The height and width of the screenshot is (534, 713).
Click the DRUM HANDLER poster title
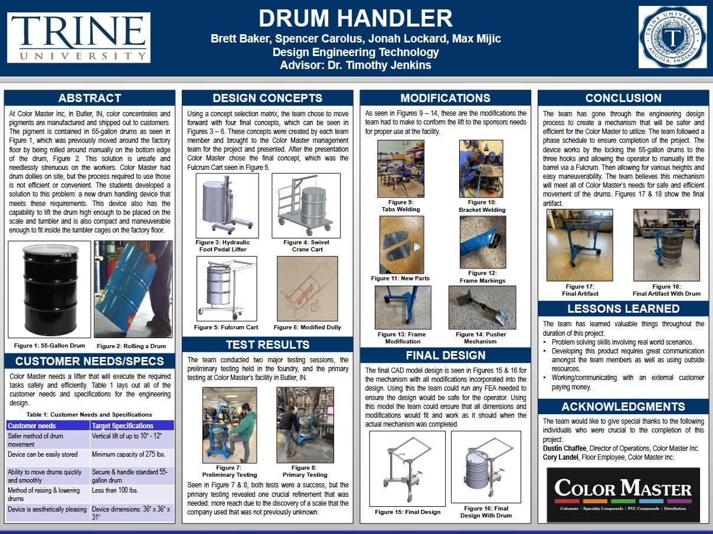(355, 19)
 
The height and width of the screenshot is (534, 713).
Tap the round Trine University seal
(672, 37)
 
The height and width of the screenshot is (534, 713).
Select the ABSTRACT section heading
(90, 99)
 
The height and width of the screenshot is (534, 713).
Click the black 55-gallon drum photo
(50, 289)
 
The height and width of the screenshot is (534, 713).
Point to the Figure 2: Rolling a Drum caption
(132, 346)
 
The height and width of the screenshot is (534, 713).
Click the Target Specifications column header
(123, 425)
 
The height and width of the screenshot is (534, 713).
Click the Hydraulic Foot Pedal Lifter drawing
(227, 205)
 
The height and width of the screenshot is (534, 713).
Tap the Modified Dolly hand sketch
(307, 289)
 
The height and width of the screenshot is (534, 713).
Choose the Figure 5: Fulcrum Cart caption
(226, 327)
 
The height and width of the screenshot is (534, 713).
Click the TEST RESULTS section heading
(267, 345)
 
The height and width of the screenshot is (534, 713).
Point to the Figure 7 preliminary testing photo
(230, 425)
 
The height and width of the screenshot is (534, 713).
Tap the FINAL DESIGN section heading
(446, 355)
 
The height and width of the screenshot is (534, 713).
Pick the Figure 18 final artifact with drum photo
(666, 245)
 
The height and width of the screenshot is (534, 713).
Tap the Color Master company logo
(623, 494)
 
